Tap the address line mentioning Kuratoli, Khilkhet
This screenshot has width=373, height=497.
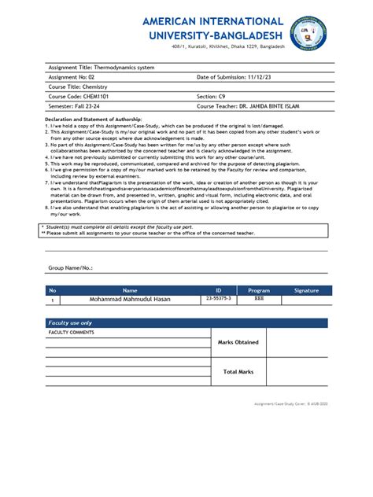[x=228, y=47]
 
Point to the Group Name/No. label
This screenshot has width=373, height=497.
[x=71, y=268]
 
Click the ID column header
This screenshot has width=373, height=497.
[x=219, y=291]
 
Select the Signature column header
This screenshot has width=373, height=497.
[x=306, y=291]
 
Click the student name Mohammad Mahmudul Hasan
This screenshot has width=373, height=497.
[x=129, y=300]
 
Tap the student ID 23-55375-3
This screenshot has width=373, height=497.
[x=219, y=300]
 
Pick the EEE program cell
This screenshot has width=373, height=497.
[x=259, y=300]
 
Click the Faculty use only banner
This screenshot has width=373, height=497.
[x=71, y=323]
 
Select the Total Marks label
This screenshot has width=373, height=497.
[x=238, y=371]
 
